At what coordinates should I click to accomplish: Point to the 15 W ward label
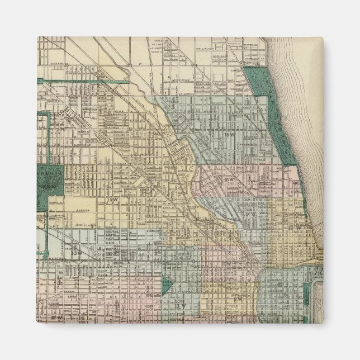click(x=228, y=135)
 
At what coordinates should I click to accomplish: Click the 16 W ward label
click(x=230, y=179)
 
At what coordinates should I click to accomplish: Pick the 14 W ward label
click(x=110, y=199)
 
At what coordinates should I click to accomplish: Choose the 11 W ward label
click(x=179, y=306)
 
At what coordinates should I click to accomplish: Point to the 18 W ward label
click(x=295, y=228)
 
